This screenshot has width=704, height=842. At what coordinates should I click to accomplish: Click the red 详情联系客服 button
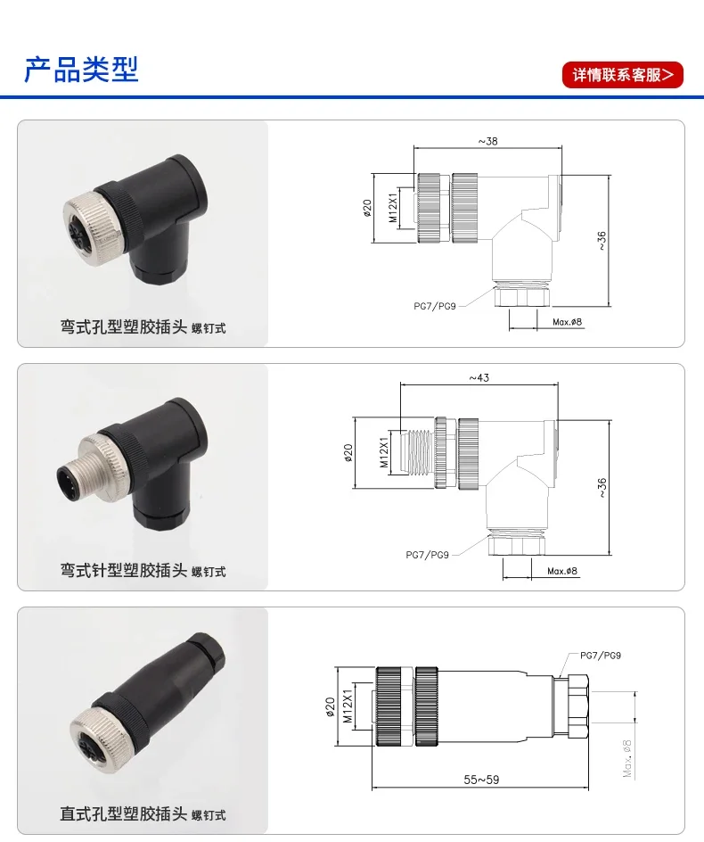[622, 75]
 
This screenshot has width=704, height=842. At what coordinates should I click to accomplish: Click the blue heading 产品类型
[82, 70]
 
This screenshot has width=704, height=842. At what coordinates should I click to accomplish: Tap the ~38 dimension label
[487, 141]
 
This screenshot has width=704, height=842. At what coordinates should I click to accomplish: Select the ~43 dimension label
[479, 378]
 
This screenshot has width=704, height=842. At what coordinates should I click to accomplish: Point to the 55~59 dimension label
[481, 780]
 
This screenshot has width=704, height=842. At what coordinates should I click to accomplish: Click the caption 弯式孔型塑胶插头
[123, 326]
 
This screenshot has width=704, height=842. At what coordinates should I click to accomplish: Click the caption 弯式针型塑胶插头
[123, 570]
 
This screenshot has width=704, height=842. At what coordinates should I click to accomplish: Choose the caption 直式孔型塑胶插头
[123, 813]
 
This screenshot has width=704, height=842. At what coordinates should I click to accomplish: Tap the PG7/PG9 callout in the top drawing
[435, 306]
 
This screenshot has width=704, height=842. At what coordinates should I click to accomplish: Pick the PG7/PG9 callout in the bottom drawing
[601, 656]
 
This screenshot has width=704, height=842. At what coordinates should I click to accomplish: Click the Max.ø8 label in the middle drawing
[562, 571]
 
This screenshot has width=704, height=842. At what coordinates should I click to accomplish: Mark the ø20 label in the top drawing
[367, 208]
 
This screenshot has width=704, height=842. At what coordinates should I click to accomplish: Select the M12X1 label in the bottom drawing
[348, 706]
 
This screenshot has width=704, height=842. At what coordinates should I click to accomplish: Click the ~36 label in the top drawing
[602, 241]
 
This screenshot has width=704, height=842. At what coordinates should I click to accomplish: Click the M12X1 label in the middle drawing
[384, 452]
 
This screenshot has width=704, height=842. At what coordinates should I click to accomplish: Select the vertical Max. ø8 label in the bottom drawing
[627, 758]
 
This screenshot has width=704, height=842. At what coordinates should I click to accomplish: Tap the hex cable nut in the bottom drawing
[578, 706]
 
